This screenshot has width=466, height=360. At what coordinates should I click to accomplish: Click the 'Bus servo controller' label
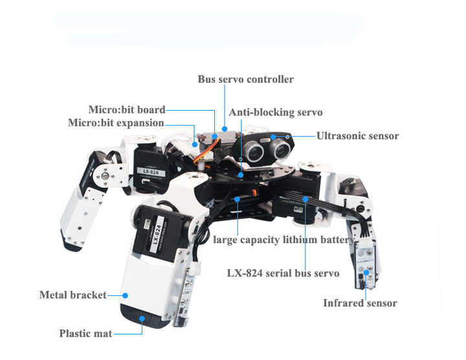click(x=245, y=79)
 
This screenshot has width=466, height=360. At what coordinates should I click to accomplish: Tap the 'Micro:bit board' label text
click(x=127, y=109)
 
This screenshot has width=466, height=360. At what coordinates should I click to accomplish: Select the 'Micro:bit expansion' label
click(x=116, y=123)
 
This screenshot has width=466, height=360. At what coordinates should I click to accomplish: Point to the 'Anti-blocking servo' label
click(x=276, y=113)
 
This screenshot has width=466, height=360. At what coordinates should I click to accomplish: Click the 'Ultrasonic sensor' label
click(x=357, y=136)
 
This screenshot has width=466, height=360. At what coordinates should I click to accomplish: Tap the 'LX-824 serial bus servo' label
click(x=283, y=273)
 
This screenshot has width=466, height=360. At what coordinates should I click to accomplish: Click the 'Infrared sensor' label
click(x=360, y=303)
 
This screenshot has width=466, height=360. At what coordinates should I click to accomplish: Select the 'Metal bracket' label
click(x=72, y=295)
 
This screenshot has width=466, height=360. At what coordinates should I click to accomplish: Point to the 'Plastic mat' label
click(x=85, y=333)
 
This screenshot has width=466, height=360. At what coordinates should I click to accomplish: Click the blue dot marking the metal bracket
click(x=125, y=295)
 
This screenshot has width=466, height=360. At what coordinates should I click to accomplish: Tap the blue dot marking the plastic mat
click(x=142, y=319)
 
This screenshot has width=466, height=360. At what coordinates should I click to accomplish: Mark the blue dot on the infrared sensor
click(x=366, y=273)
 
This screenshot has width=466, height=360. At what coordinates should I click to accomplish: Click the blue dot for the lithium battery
click(x=237, y=199)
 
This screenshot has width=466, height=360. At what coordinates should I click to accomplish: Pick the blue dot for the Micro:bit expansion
click(x=195, y=144)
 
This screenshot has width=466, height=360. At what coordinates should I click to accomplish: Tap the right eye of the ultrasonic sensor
click(x=281, y=149)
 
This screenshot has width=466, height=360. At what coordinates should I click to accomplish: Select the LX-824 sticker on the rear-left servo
click(x=151, y=172)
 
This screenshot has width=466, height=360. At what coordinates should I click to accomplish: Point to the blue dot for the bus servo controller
click(x=225, y=129)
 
